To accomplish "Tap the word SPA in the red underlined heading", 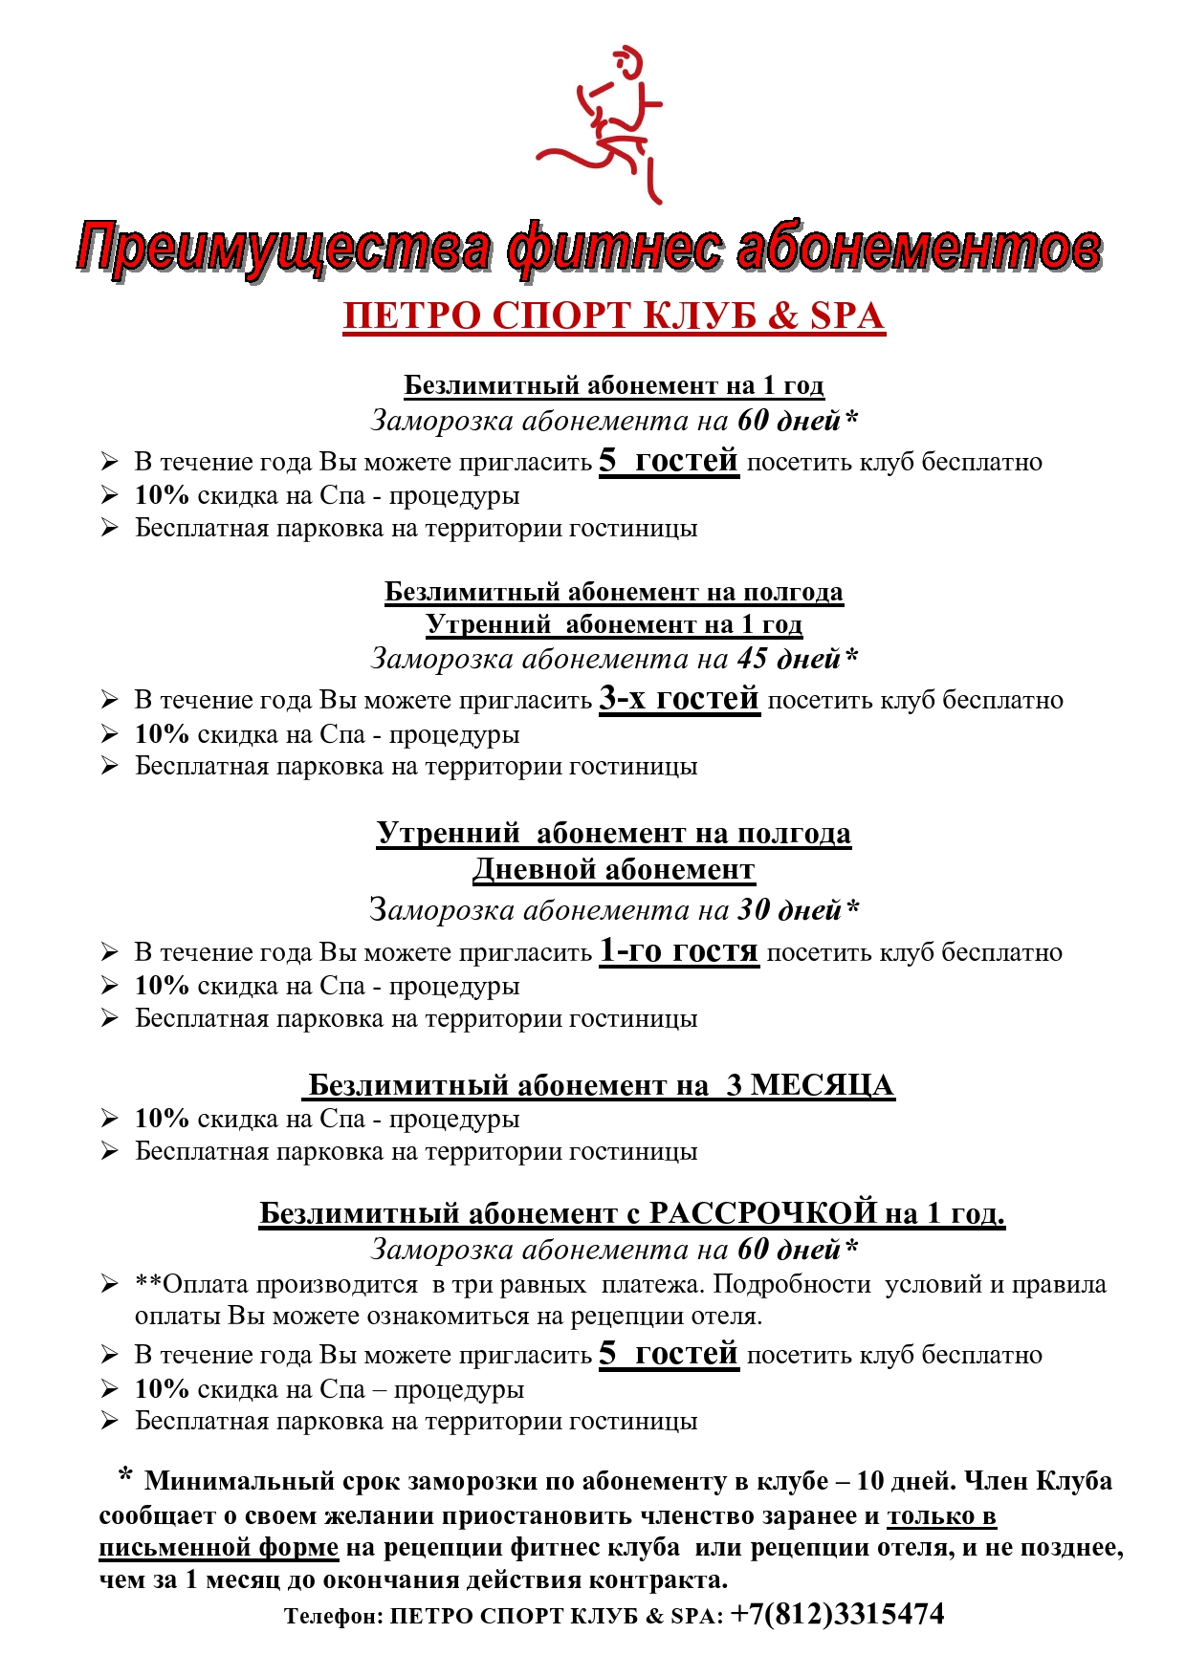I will [x=846, y=316].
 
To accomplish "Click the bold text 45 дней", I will [x=789, y=659].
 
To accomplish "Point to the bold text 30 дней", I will [x=789, y=910].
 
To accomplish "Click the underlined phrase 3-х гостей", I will [x=679, y=699].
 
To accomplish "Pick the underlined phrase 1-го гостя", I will [x=678, y=951].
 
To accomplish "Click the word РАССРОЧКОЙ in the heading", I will [x=762, y=1212].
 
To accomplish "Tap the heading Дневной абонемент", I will [x=613, y=869].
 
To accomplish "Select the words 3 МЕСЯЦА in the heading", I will [x=810, y=1085].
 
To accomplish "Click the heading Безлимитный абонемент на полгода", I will [x=613, y=592].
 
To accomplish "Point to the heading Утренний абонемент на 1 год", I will [x=613, y=624].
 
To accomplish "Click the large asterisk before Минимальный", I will [x=124, y=1477].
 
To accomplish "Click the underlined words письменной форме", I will [x=218, y=1547].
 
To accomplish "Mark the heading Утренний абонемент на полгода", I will [x=613, y=833].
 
